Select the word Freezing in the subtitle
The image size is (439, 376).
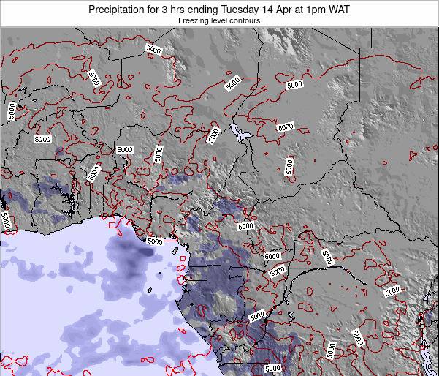pos(195,21)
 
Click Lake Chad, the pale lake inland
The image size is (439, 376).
pos(237,132)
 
